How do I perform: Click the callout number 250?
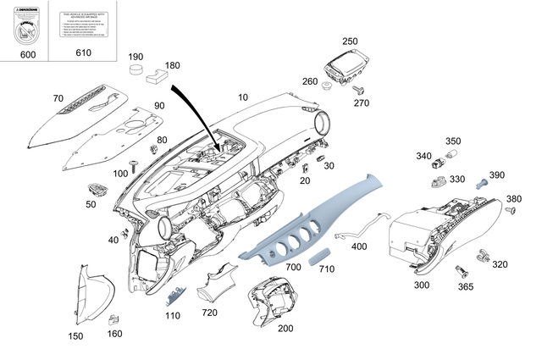(x=350, y=41)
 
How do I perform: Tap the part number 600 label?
(x=27, y=53)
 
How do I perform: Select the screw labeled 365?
(x=462, y=270)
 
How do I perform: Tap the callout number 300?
(x=421, y=285)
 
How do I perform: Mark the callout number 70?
(x=58, y=99)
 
